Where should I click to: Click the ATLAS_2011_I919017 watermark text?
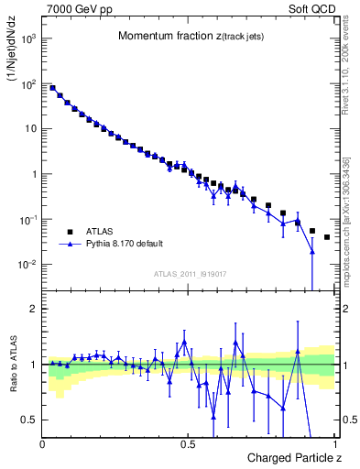point(190,273)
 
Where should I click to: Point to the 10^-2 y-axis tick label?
point(29,265)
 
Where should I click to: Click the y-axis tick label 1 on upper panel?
point(35,174)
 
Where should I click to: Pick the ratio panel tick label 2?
point(35,309)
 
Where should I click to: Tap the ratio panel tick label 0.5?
point(30,420)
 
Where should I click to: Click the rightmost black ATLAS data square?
point(327,237)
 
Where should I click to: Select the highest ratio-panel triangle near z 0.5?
point(184,342)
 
